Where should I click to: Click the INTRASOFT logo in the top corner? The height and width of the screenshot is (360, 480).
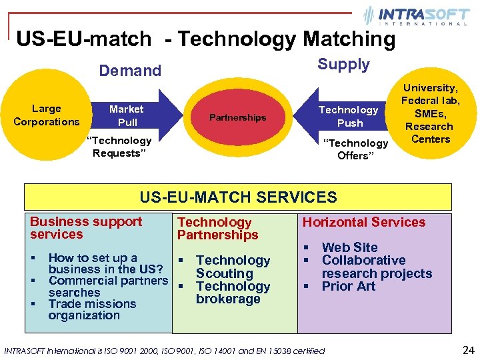click(415, 16)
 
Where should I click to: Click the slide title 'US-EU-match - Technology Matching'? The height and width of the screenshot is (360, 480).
click(206, 39)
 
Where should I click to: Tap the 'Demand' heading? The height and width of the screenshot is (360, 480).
click(130, 71)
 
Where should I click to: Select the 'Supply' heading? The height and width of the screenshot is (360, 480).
click(343, 65)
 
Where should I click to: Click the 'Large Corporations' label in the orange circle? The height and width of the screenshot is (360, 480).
click(46, 115)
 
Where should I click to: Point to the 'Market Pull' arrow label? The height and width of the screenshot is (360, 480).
click(127, 115)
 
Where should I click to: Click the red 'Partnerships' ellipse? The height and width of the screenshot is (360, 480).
click(237, 118)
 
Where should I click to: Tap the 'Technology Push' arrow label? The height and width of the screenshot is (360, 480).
click(349, 116)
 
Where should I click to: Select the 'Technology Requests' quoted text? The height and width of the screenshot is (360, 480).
click(121, 147)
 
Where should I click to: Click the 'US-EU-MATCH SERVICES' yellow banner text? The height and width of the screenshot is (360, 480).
click(238, 197)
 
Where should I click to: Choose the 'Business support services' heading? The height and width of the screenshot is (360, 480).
click(86, 228)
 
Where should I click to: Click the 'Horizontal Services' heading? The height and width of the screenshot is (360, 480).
click(364, 222)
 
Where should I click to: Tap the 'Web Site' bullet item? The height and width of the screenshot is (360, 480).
click(349, 247)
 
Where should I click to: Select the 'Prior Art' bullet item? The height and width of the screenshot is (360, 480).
click(349, 286)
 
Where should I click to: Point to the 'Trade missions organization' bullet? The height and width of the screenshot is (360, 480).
click(92, 309)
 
